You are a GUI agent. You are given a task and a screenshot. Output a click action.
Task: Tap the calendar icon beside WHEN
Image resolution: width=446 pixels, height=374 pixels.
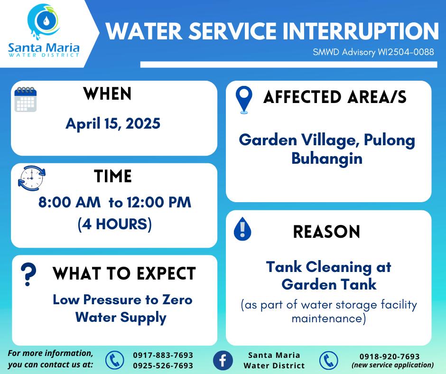[26, 99]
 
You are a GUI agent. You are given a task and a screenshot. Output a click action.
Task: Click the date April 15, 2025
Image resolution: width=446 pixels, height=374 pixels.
[113, 124]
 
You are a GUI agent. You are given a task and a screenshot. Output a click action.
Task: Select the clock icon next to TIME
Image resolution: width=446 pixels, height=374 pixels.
[32, 178]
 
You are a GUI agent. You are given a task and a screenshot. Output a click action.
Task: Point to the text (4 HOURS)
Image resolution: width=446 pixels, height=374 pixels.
[115, 224]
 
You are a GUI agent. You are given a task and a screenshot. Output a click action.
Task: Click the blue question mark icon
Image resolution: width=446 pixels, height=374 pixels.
[28, 274]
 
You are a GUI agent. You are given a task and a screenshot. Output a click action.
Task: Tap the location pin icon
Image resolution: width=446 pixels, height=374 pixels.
[244, 100]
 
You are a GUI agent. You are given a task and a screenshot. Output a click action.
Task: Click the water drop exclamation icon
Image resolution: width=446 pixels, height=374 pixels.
[242, 229]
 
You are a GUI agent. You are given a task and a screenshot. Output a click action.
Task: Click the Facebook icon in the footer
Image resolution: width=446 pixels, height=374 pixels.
[223, 360]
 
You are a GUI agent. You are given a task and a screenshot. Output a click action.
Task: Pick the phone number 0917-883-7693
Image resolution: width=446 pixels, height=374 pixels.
[163, 355]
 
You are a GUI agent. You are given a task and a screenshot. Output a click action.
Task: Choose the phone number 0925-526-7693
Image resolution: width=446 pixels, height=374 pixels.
[163, 365]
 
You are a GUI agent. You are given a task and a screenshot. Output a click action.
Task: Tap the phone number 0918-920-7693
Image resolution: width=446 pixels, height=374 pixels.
[390, 356]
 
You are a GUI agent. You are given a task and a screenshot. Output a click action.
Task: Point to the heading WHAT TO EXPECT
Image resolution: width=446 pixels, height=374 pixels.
[124, 273]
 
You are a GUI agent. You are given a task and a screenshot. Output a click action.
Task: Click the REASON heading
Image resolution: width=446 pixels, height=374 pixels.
[326, 232]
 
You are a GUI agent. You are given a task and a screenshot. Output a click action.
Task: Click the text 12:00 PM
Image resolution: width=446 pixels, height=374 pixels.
[159, 202]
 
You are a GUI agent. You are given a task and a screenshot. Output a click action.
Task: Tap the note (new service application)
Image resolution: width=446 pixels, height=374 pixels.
[392, 365]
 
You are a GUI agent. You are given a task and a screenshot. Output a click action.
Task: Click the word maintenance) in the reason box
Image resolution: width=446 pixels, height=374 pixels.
[328, 318]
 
